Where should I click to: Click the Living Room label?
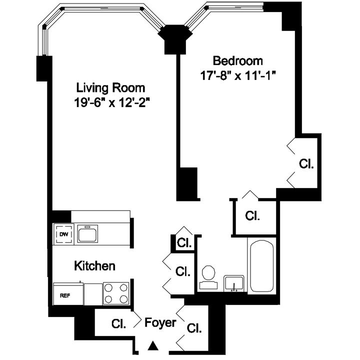click(x=110, y=87)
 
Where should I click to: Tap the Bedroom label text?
click(x=237, y=61)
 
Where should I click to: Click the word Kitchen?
click(x=95, y=265)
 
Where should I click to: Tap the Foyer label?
click(x=160, y=322)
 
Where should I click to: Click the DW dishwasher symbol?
click(x=63, y=234)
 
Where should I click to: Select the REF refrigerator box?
click(x=65, y=295)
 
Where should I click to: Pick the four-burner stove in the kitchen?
click(x=116, y=293)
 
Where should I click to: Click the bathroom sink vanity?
click(x=233, y=283)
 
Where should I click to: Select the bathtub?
click(x=261, y=266)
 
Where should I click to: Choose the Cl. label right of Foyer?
click(x=193, y=328)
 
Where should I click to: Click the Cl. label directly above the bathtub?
click(x=253, y=215)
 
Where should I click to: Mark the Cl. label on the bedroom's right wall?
click(x=306, y=164)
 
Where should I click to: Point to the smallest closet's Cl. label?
click(x=185, y=243)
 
